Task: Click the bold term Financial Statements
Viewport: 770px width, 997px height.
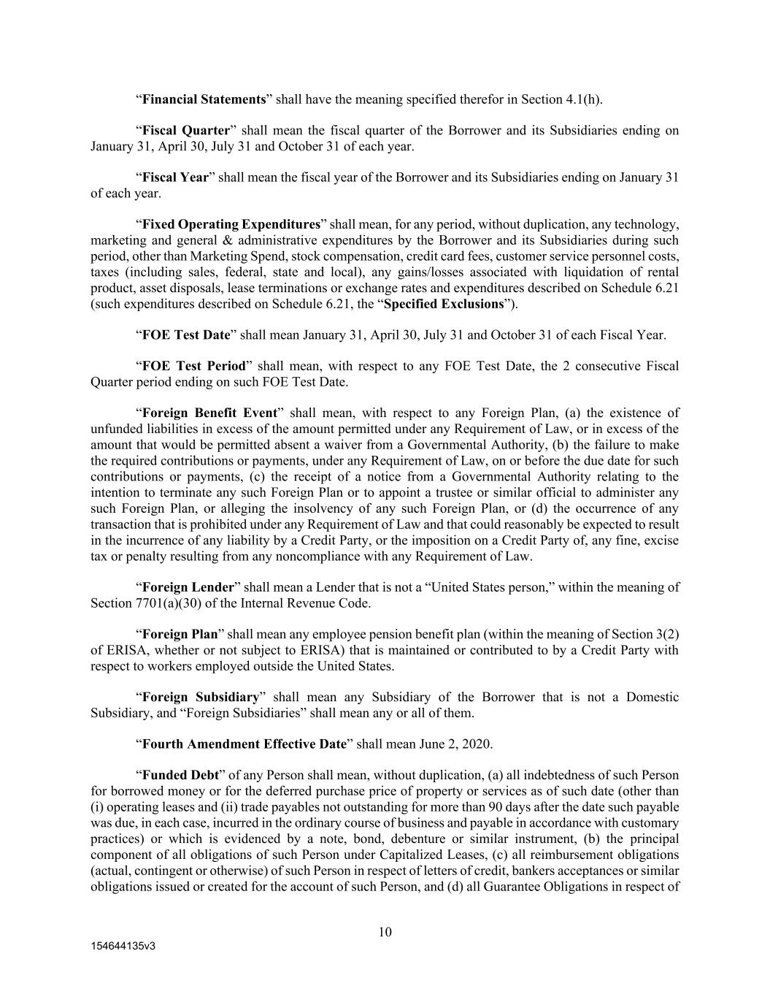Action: pos(203,99)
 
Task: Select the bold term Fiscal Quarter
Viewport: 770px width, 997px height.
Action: pos(185,131)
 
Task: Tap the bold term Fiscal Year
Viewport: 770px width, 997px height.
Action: pos(175,177)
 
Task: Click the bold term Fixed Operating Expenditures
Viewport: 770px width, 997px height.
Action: pos(231,224)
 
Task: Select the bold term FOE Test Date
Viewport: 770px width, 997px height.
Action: pos(186,335)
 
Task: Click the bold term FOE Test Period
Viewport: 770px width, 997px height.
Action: pos(193,366)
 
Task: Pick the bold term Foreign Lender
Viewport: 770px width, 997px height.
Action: pos(188,587)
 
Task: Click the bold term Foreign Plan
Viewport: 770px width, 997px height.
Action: pos(180,634)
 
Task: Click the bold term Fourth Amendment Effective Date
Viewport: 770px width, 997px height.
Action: pos(244,744)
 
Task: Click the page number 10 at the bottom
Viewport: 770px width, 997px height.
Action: pos(385,932)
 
